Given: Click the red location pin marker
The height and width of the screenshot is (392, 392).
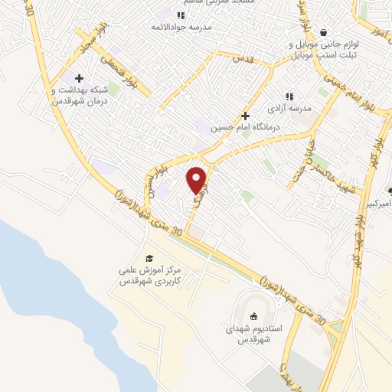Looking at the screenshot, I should click(x=198, y=179).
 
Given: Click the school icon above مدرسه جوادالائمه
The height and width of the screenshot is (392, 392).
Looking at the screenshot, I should click(x=181, y=15).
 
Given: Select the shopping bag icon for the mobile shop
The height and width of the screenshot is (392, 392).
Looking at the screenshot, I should click(x=325, y=33).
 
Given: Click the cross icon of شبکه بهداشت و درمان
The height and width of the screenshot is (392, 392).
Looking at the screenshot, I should click(x=79, y=77).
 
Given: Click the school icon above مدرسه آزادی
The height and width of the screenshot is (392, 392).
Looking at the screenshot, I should click(x=289, y=96).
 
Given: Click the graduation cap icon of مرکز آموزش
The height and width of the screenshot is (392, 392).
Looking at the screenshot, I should click(x=149, y=258).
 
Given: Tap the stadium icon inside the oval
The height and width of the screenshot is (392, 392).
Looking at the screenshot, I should click(x=253, y=315).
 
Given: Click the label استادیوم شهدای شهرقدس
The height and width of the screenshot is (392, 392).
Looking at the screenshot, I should click(x=256, y=333).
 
